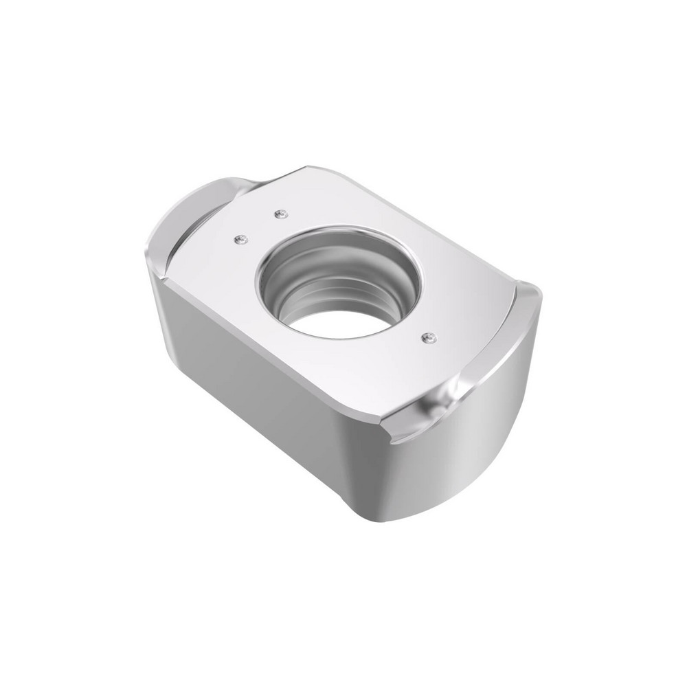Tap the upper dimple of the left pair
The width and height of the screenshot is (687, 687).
[279, 214]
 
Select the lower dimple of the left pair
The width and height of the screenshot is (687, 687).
[240, 239]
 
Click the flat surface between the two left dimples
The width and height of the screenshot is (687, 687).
[260, 227]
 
